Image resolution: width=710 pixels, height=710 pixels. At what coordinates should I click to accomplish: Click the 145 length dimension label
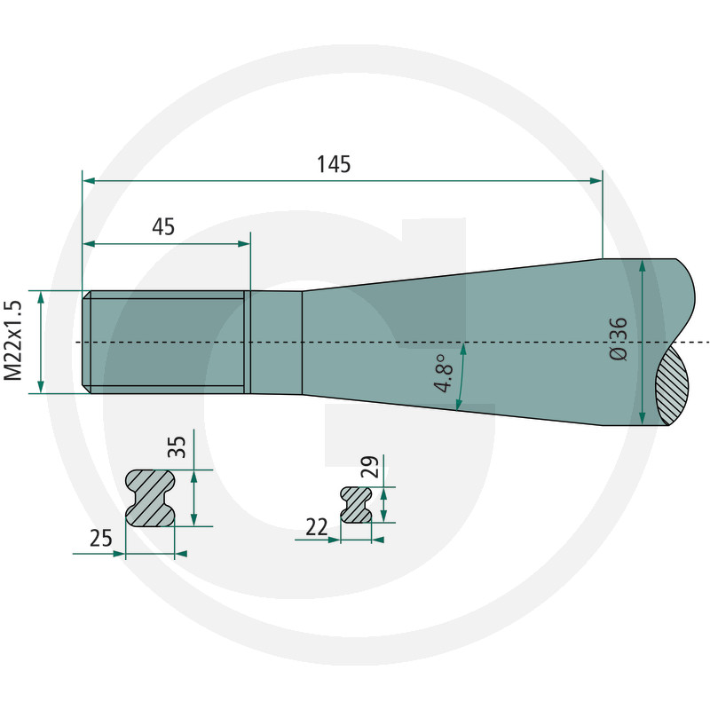click(334, 164)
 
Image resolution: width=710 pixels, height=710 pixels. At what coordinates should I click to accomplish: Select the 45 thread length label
click(163, 227)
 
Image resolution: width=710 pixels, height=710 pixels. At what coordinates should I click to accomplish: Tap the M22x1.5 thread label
click(12, 341)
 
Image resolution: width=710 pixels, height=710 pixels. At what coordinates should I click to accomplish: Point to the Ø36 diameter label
click(619, 339)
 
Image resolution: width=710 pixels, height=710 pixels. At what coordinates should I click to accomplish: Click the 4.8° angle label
click(444, 373)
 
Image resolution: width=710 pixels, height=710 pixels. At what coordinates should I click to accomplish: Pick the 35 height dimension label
click(177, 447)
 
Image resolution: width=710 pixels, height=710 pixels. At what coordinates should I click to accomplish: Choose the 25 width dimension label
click(100, 539)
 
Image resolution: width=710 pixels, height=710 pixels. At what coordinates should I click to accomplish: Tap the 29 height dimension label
click(369, 467)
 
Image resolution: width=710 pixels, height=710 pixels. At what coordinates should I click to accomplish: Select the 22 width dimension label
click(317, 527)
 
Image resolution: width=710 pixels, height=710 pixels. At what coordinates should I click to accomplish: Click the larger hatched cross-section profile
click(150, 498)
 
